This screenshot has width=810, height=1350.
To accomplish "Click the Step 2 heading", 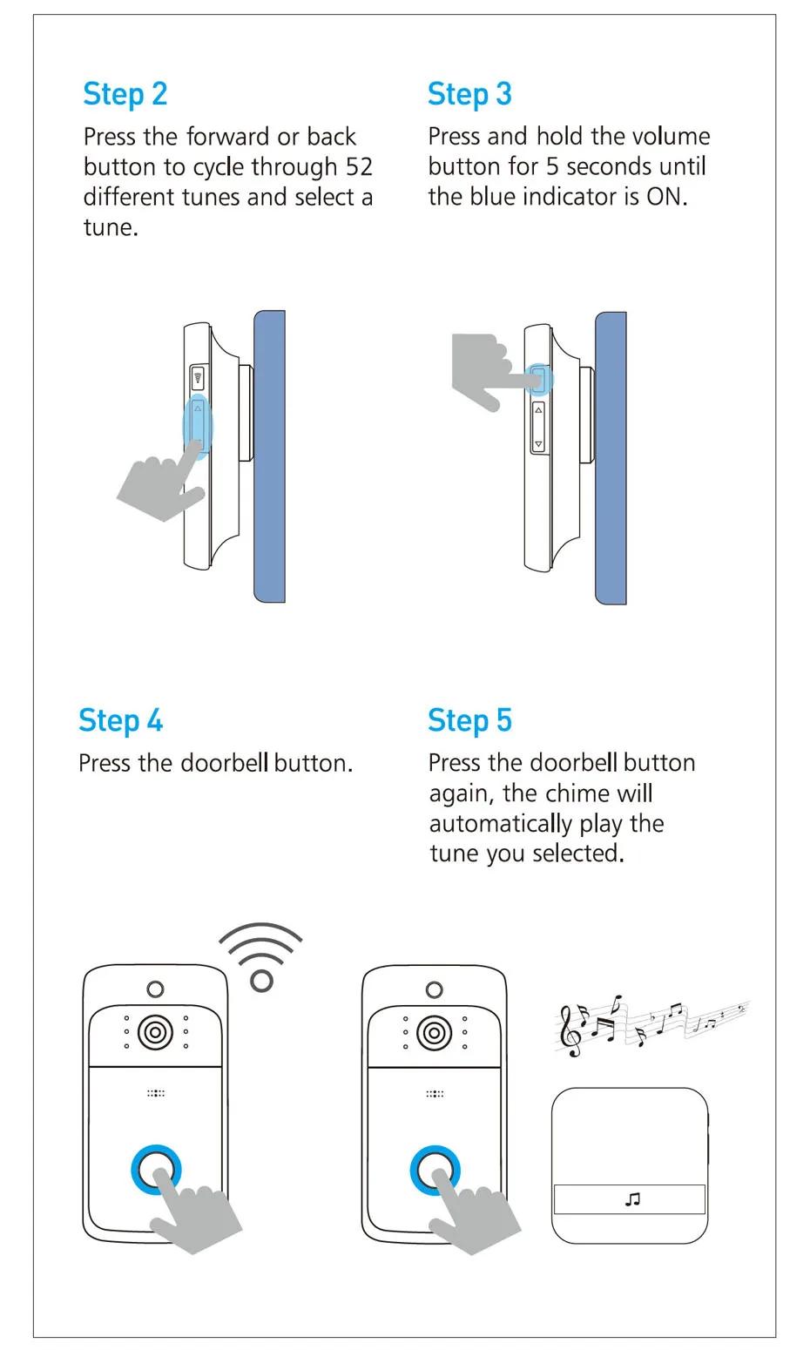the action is point(125,95).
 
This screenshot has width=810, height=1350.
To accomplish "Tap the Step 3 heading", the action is point(469,95).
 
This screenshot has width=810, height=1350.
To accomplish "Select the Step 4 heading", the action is point(120,721).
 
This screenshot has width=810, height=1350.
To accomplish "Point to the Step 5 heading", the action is point(470,721).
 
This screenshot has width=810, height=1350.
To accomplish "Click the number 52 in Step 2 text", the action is point(359,167).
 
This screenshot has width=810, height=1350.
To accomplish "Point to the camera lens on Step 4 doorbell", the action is point(156,1032).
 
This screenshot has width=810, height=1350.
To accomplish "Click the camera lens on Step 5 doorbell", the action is point(435,1033).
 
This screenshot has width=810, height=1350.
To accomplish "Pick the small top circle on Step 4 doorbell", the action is point(156,989).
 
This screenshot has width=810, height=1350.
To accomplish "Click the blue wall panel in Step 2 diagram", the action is point(269,456).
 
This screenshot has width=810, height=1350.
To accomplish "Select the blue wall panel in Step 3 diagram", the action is point(611,458).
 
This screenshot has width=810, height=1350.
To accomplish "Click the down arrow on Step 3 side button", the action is point(538,444).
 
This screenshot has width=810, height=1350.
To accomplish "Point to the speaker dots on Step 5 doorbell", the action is point(435,1094).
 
